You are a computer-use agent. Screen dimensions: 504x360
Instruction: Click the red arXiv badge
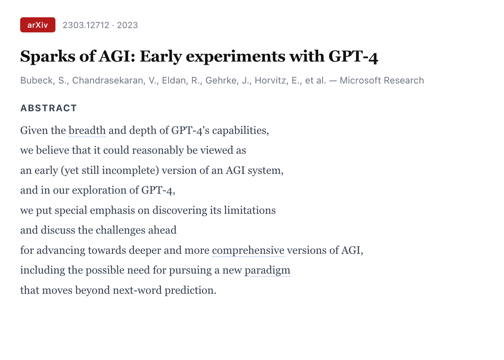[38, 25]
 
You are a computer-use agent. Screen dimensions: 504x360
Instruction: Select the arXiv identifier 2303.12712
[86, 25]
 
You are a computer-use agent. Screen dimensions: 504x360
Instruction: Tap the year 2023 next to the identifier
[127, 25]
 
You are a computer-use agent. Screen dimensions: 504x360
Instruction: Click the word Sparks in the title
[48, 56]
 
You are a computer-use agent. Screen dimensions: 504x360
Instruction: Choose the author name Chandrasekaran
[108, 80]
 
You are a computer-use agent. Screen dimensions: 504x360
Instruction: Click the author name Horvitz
[270, 80]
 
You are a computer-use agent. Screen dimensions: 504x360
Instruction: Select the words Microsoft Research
[382, 80]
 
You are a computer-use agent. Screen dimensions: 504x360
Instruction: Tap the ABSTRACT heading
[49, 108]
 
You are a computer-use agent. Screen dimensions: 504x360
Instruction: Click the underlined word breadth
[87, 130]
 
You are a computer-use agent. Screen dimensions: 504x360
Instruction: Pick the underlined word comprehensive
[248, 251]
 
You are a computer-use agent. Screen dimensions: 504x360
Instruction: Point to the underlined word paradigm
[267, 270]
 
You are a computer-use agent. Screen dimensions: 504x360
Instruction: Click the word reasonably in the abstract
[158, 150]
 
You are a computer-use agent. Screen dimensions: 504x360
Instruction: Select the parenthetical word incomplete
[130, 171]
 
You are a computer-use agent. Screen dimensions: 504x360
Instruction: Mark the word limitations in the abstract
[250, 210]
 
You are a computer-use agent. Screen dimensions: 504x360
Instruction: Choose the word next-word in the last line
[137, 291]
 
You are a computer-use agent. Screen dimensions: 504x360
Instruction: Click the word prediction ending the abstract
[190, 291]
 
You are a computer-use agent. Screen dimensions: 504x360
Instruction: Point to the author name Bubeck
[37, 80]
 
